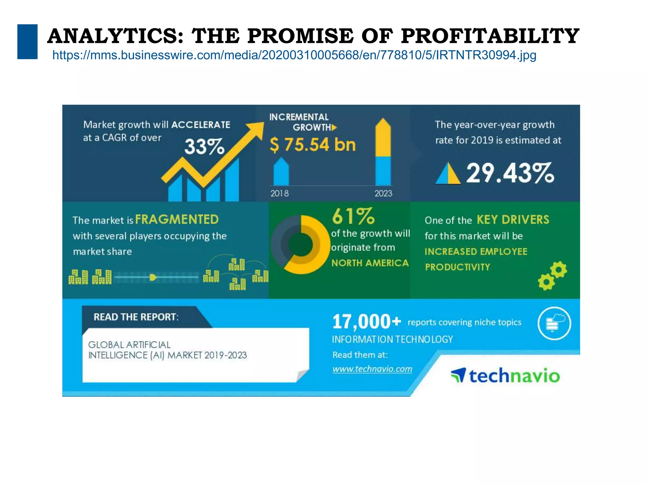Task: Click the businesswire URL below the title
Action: (294, 55)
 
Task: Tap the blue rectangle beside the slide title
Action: (27, 42)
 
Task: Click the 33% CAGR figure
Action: (204, 147)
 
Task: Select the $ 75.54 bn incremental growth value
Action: (313, 145)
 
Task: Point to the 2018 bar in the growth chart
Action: (281, 172)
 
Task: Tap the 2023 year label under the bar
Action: (383, 193)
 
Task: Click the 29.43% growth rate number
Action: (510, 173)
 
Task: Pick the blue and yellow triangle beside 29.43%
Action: (448, 173)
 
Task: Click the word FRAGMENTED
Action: (177, 219)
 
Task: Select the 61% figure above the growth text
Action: (353, 216)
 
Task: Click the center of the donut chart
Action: (300, 245)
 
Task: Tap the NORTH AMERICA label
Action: (370, 263)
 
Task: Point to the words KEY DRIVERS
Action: (513, 220)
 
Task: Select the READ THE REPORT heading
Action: (136, 317)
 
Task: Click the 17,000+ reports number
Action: (366, 322)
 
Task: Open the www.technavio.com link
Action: (372, 369)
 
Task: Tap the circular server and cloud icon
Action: (554, 323)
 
